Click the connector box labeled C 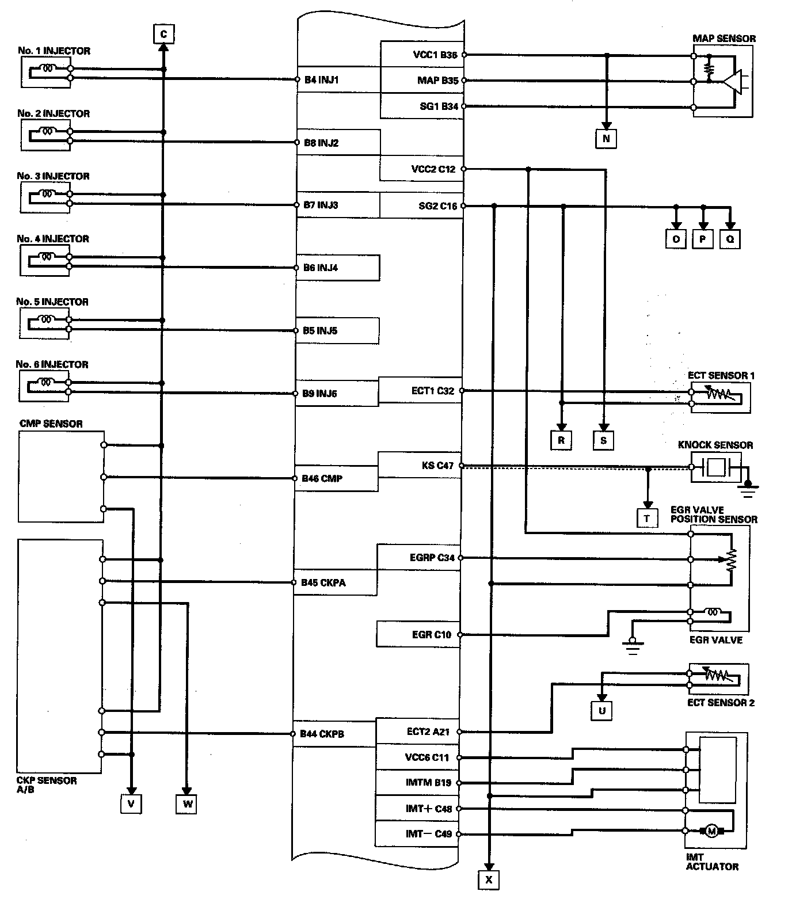click(163, 35)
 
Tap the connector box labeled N click(606, 139)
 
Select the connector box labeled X click(489, 879)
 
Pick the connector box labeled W click(187, 803)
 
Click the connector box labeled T click(647, 519)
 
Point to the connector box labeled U click(602, 711)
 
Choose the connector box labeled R click(561, 441)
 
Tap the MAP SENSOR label click(724, 39)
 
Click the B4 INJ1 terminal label click(321, 80)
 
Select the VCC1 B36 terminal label click(435, 55)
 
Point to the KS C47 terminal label click(437, 466)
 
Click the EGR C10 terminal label click(432, 635)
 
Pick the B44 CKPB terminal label click(322, 734)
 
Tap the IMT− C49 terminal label click(429, 833)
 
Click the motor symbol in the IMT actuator click(711, 831)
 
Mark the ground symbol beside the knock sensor click(748, 489)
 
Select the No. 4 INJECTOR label click(53, 239)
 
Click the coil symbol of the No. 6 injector click(46, 382)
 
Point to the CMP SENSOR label click(51, 424)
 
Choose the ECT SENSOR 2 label click(721, 703)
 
